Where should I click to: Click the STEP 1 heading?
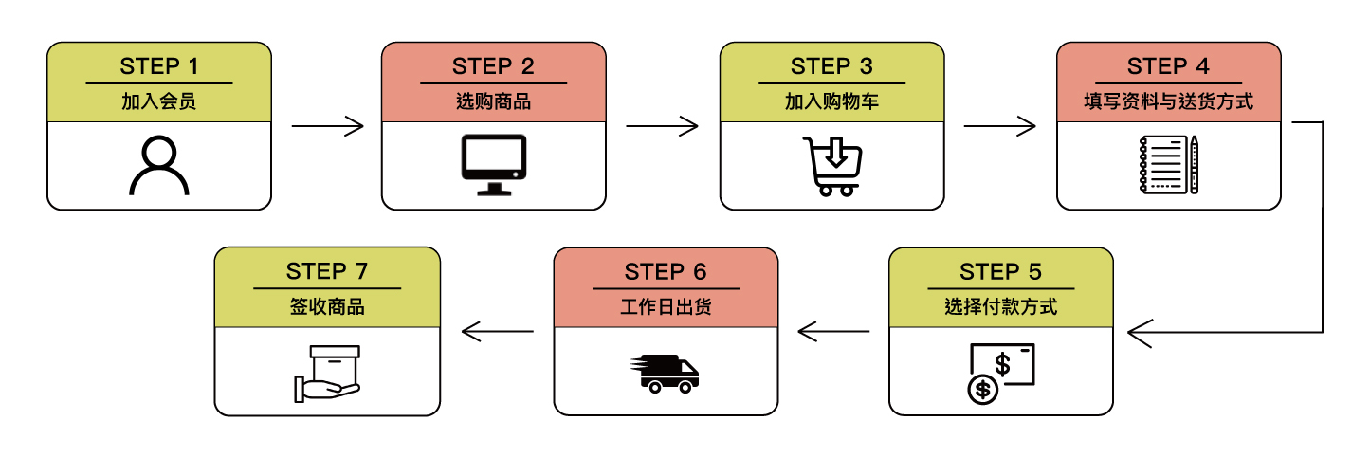tap(159, 66)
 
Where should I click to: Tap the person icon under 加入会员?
tap(159, 166)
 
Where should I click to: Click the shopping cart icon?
tap(831, 166)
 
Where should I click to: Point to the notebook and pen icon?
tap(1169, 165)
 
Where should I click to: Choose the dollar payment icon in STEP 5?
tap(1000, 373)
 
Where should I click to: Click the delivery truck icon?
tap(664, 373)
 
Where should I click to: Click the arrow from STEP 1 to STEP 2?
tap(327, 125)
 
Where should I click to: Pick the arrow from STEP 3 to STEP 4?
tap(999, 125)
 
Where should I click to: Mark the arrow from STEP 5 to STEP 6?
tap(833, 332)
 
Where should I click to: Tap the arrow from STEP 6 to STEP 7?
tap(497, 332)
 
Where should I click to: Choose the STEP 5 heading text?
tap(1000, 272)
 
